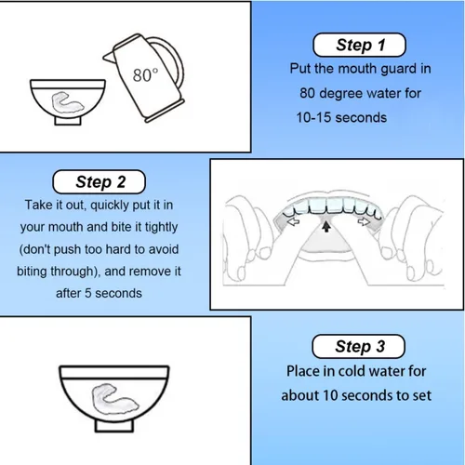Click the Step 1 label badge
click(359, 45)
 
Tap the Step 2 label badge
click(100, 181)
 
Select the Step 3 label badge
click(359, 346)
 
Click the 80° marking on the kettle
click(145, 74)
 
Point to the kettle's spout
click(109, 57)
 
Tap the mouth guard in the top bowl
click(68, 101)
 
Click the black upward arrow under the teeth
click(325, 226)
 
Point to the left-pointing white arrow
click(293, 221)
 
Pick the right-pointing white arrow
click(364, 221)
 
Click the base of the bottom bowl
click(114, 426)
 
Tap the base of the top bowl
click(68, 120)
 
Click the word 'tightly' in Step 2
click(161, 228)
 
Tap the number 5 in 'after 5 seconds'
click(88, 293)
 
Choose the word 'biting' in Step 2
click(32, 272)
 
